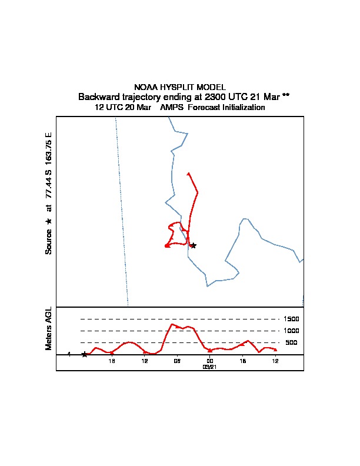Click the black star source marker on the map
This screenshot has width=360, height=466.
tap(193, 245)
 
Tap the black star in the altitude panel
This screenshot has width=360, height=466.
tap(85, 354)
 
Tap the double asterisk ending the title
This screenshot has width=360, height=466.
tap(286, 96)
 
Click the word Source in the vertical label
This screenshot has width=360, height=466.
tap(49, 241)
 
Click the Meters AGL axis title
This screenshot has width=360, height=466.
tap(49, 329)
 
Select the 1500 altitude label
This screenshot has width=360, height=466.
tap(292, 319)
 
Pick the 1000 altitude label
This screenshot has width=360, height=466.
tap(292, 331)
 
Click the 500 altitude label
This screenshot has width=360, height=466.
tap(292, 342)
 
